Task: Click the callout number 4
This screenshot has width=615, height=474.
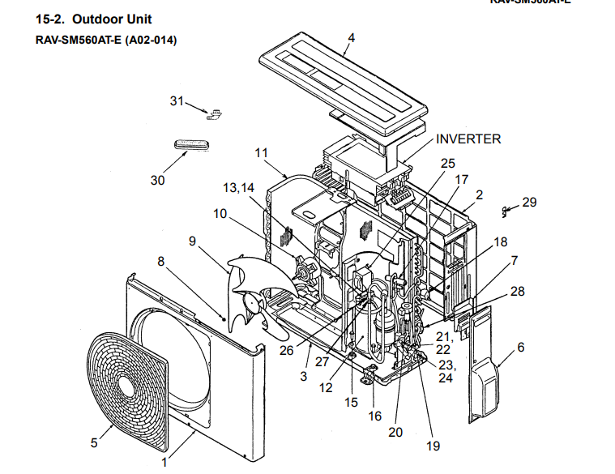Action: tap(352, 38)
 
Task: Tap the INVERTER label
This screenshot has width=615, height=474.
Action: tap(468, 139)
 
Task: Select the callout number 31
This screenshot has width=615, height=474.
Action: tap(177, 100)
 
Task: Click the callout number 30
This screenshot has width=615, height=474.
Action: tap(157, 180)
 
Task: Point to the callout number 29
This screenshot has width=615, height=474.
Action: tap(529, 202)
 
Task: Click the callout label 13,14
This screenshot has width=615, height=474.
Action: tap(238, 188)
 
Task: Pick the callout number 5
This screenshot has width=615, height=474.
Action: tap(94, 442)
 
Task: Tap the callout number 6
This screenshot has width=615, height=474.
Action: tap(520, 347)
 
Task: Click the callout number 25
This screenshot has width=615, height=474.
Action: tap(448, 162)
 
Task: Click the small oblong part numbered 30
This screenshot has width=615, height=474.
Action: tap(192, 144)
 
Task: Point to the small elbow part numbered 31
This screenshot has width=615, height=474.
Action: tap(216, 114)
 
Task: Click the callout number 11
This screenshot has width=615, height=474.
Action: tap(260, 152)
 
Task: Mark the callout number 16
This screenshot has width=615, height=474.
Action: tap(374, 416)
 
